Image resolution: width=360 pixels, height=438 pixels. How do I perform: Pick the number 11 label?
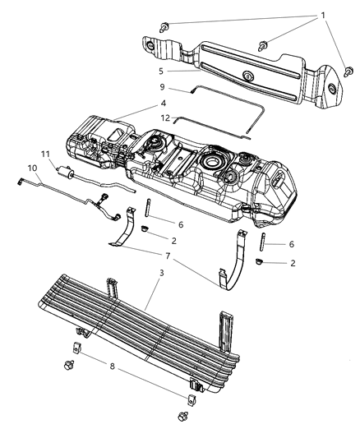[46, 153]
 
